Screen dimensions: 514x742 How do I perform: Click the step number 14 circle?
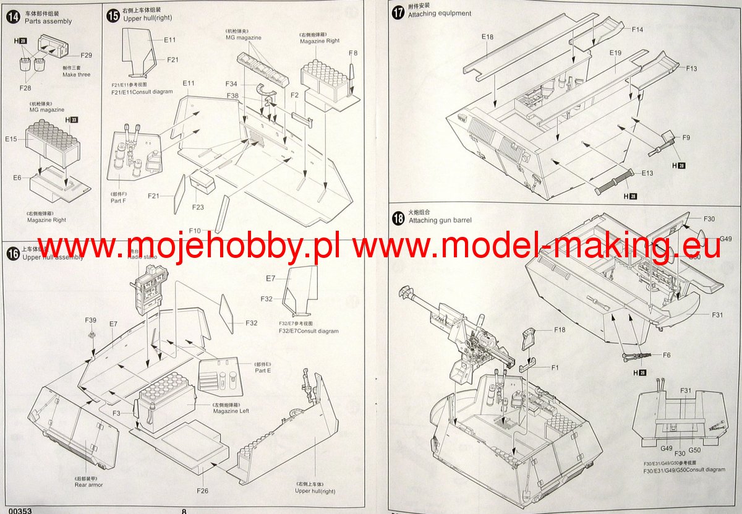[x=12, y=17]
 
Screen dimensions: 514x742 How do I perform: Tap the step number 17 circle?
[x=398, y=12]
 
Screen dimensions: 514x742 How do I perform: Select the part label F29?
[x=86, y=55]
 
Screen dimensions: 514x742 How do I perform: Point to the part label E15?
[x=11, y=139]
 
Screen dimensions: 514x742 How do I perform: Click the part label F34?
[x=231, y=84]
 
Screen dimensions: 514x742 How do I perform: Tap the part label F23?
[x=198, y=207]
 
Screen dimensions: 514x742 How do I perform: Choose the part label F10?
[x=195, y=230]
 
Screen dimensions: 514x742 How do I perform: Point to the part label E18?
[x=488, y=37]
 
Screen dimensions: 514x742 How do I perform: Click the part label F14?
[x=638, y=29]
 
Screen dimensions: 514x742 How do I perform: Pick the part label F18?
[x=560, y=330]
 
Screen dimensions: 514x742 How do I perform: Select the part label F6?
[x=667, y=355]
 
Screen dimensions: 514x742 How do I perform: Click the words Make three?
[x=76, y=75]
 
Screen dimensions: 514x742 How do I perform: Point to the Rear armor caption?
[x=89, y=484]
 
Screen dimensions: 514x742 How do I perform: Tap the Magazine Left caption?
[x=231, y=411]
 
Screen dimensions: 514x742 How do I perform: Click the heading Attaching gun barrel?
[x=440, y=220]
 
